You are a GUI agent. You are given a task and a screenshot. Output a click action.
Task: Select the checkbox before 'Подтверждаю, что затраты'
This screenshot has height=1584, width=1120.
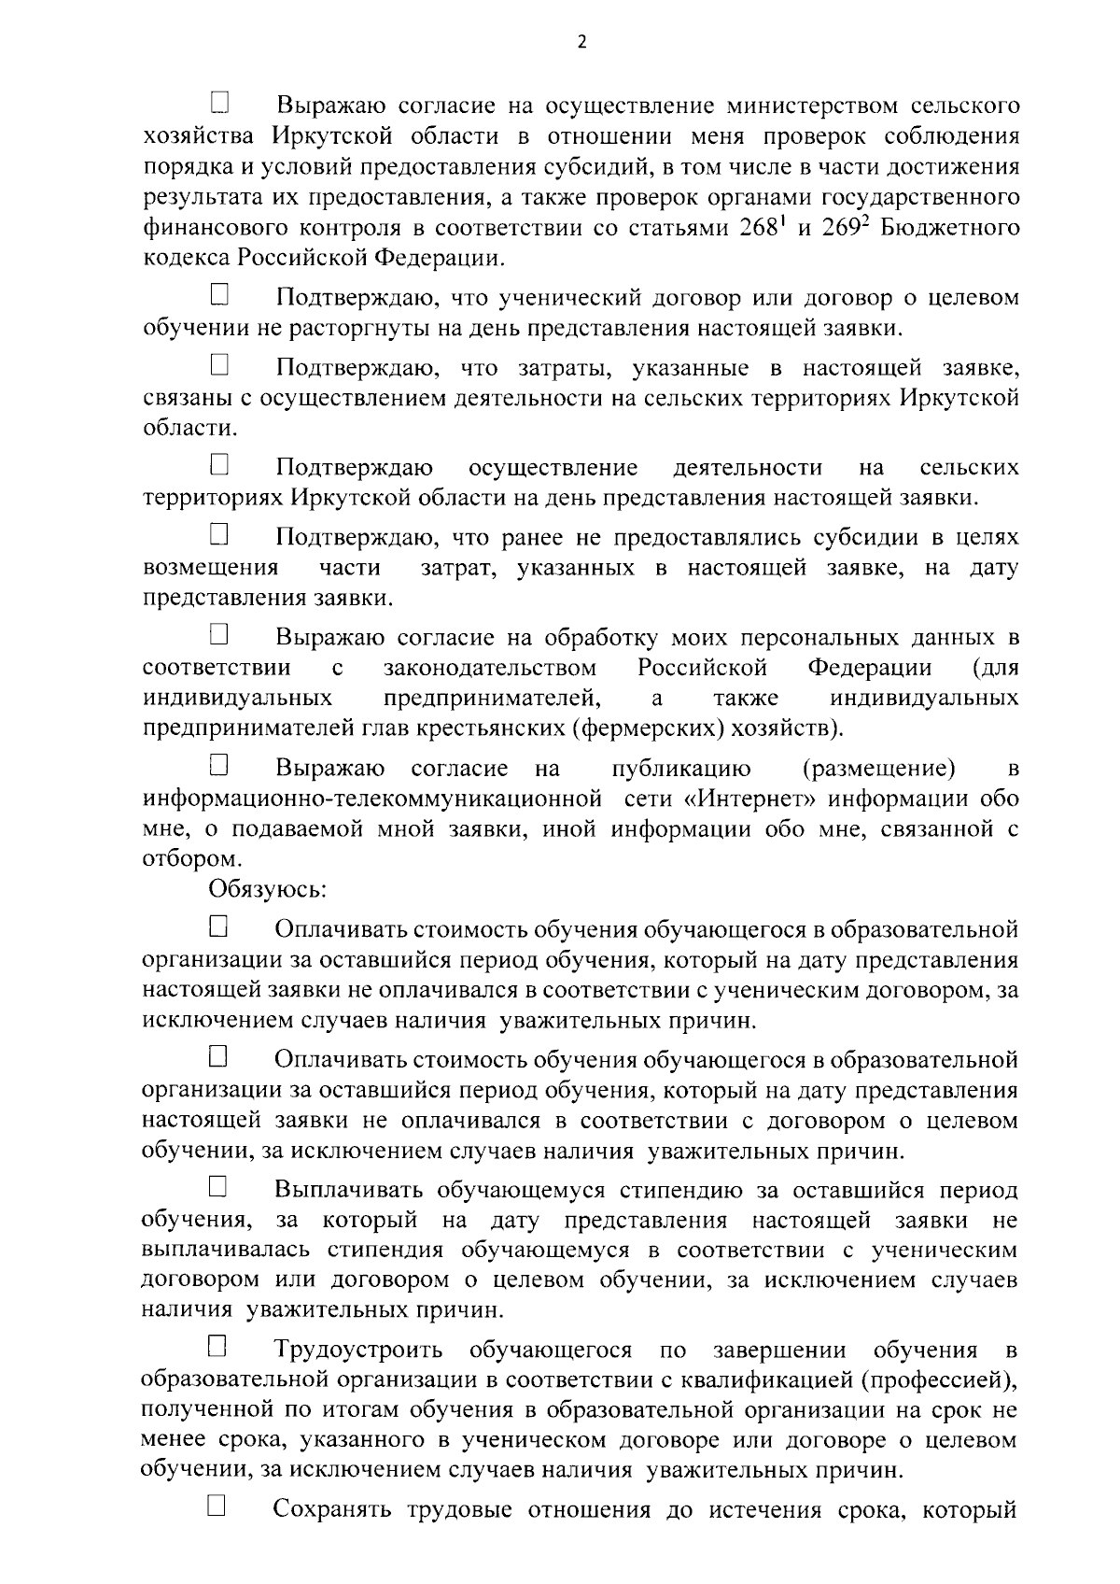(x=219, y=364)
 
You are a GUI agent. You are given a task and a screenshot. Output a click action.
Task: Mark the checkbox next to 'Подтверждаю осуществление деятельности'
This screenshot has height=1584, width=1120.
(x=219, y=464)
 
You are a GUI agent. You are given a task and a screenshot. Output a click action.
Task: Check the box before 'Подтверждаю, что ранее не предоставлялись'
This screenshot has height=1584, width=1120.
(x=219, y=535)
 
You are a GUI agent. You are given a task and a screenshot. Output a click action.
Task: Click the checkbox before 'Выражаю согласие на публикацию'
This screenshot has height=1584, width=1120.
(x=219, y=767)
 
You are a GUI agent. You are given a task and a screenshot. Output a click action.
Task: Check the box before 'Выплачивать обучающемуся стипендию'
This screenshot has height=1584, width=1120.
(x=219, y=1188)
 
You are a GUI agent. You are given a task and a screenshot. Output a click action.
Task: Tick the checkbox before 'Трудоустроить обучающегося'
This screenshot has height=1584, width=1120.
(x=217, y=1348)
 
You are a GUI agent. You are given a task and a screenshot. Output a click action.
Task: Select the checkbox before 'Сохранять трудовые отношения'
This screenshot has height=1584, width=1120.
(x=217, y=1506)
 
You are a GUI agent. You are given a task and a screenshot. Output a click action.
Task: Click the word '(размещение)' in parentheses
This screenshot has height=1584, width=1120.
(x=877, y=769)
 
